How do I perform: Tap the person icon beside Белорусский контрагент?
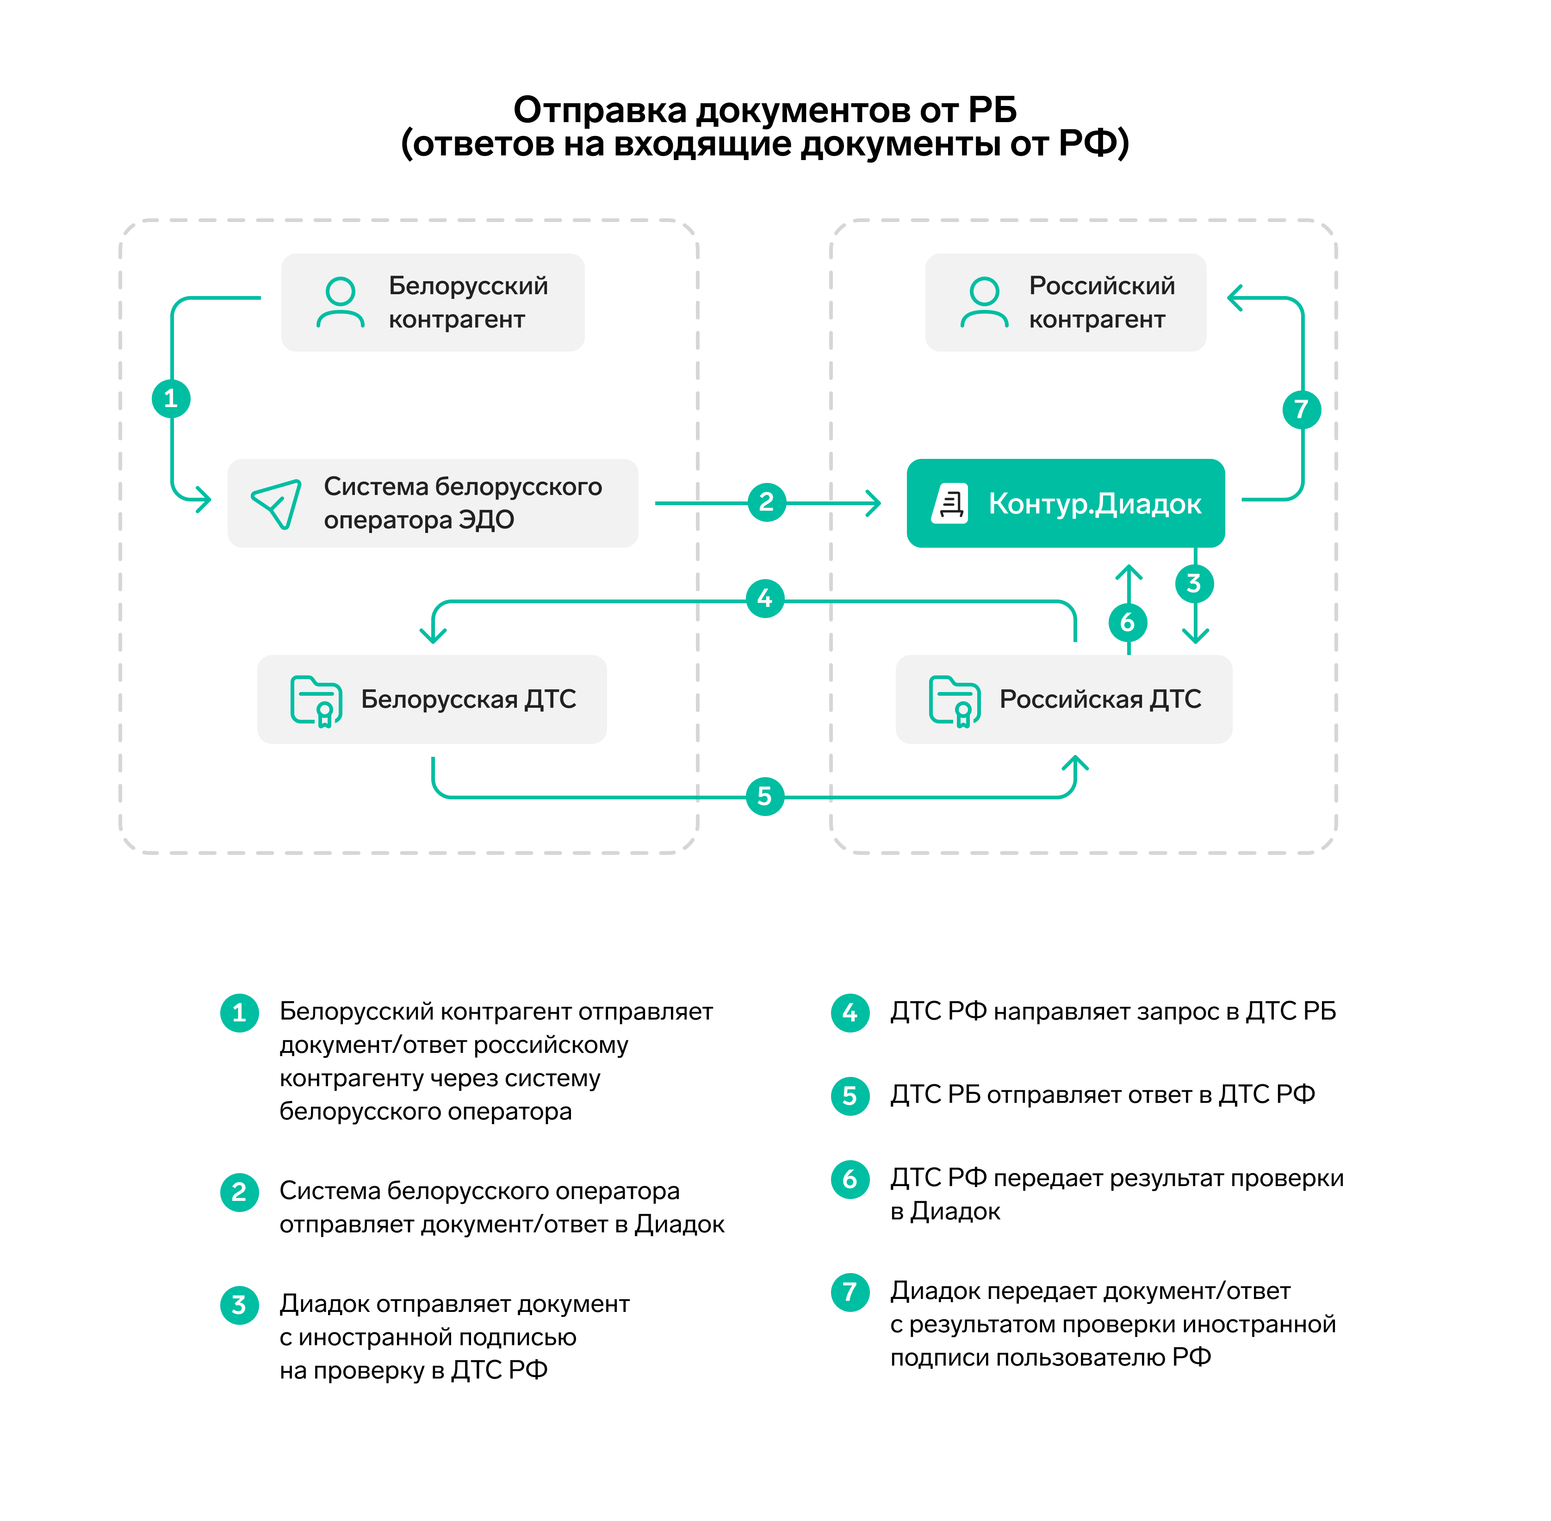341,302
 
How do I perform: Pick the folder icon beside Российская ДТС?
954,700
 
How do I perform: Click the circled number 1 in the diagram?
171,399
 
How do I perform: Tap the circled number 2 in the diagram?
766,502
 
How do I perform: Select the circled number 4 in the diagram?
765,598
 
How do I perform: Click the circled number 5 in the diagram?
765,797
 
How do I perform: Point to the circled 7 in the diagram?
1301,409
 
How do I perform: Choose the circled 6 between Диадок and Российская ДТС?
1128,622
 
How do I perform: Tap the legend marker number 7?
850,1292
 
